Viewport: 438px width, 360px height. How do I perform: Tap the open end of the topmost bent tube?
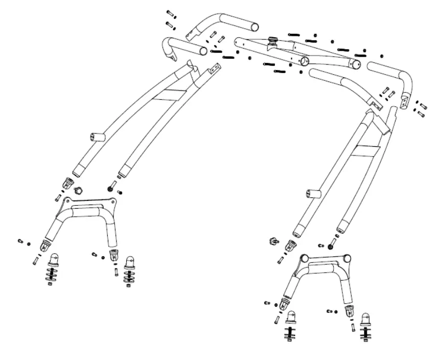coord(252,25)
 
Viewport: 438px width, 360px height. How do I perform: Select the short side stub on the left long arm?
coord(96,138)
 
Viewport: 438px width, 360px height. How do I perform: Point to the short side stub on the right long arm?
coord(312,194)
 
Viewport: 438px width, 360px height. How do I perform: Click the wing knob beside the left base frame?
coord(79,190)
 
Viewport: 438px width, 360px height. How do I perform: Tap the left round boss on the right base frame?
coord(305,258)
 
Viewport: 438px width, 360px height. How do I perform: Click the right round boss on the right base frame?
coord(349,259)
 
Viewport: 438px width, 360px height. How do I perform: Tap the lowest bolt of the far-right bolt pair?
coord(421,114)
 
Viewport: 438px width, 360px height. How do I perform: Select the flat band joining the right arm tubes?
coord(366,149)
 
